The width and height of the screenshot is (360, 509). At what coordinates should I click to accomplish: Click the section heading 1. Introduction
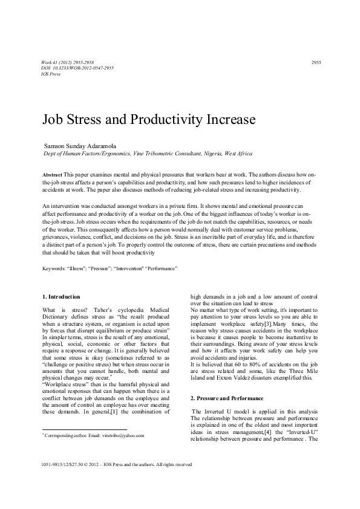61,297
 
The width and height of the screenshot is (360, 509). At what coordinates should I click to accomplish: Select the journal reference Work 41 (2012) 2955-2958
68,62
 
